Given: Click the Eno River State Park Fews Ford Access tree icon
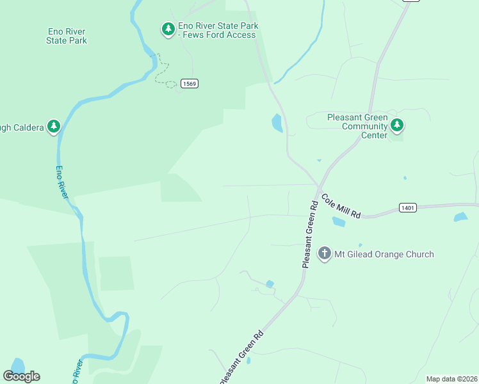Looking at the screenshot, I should click(x=168, y=29).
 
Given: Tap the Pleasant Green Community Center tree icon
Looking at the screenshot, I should click(x=397, y=125).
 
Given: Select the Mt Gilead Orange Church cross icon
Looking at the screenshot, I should click(x=325, y=253).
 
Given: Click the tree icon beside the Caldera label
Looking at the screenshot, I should click(x=54, y=126).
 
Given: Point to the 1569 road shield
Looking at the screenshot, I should click(x=189, y=84).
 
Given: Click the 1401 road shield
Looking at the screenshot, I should click(x=407, y=207).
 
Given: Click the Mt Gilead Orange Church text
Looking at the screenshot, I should click(x=384, y=254).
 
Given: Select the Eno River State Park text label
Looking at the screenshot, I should click(x=67, y=36).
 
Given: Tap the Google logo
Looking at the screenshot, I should click(x=22, y=376).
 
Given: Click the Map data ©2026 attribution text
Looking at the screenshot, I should click(x=451, y=379).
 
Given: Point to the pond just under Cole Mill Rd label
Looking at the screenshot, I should click(x=338, y=222).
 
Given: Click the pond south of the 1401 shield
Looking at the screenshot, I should click(x=460, y=218).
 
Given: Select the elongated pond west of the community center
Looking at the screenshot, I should click(x=277, y=122).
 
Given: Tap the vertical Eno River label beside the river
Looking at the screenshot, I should click(x=61, y=182).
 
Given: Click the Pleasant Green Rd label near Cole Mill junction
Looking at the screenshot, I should click(x=310, y=235).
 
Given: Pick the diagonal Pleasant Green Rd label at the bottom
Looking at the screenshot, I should click(x=241, y=356).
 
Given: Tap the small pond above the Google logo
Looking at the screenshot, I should click(x=17, y=365).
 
